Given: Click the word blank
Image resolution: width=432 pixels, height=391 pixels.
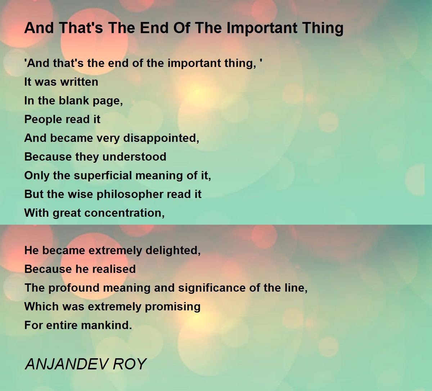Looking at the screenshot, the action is [74, 100].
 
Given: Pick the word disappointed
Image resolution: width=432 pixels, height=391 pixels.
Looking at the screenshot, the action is [161, 138].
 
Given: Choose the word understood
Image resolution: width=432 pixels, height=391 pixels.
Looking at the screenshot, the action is [134, 157].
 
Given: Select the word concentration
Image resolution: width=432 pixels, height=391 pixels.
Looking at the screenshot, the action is [125, 213].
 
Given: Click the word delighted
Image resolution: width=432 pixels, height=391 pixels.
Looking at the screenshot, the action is [173, 251].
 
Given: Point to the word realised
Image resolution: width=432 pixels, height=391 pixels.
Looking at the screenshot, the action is [114, 269].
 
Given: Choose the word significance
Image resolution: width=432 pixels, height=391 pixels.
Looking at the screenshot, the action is [212, 288].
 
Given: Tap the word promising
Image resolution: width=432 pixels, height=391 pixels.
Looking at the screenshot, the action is [173, 307].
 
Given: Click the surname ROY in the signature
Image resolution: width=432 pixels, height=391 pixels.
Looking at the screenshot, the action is [130, 364].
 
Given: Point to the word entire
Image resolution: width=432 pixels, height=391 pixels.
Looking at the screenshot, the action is [62, 325].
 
